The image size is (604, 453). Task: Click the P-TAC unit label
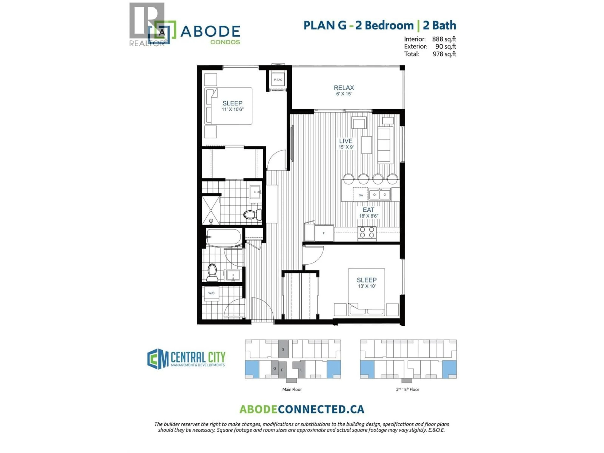[x=278, y=80]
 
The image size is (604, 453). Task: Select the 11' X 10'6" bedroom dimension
[x=232, y=109]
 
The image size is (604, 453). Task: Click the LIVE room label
[x=346, y=141]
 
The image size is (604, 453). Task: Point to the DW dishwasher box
[x=361, y=195]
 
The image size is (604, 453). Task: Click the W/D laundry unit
[x=211, y=293]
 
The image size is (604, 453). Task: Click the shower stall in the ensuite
[x=211, y=210]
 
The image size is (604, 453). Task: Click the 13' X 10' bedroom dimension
[x=367, y=286]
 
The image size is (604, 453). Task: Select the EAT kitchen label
[x=368, y=210]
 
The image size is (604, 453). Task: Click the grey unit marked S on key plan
[x=283, y=349]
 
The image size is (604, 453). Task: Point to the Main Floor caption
[x=292, y=389]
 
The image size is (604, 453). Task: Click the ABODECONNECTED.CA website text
[x=302, y=409]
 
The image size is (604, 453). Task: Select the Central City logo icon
[x=158, y=359]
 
